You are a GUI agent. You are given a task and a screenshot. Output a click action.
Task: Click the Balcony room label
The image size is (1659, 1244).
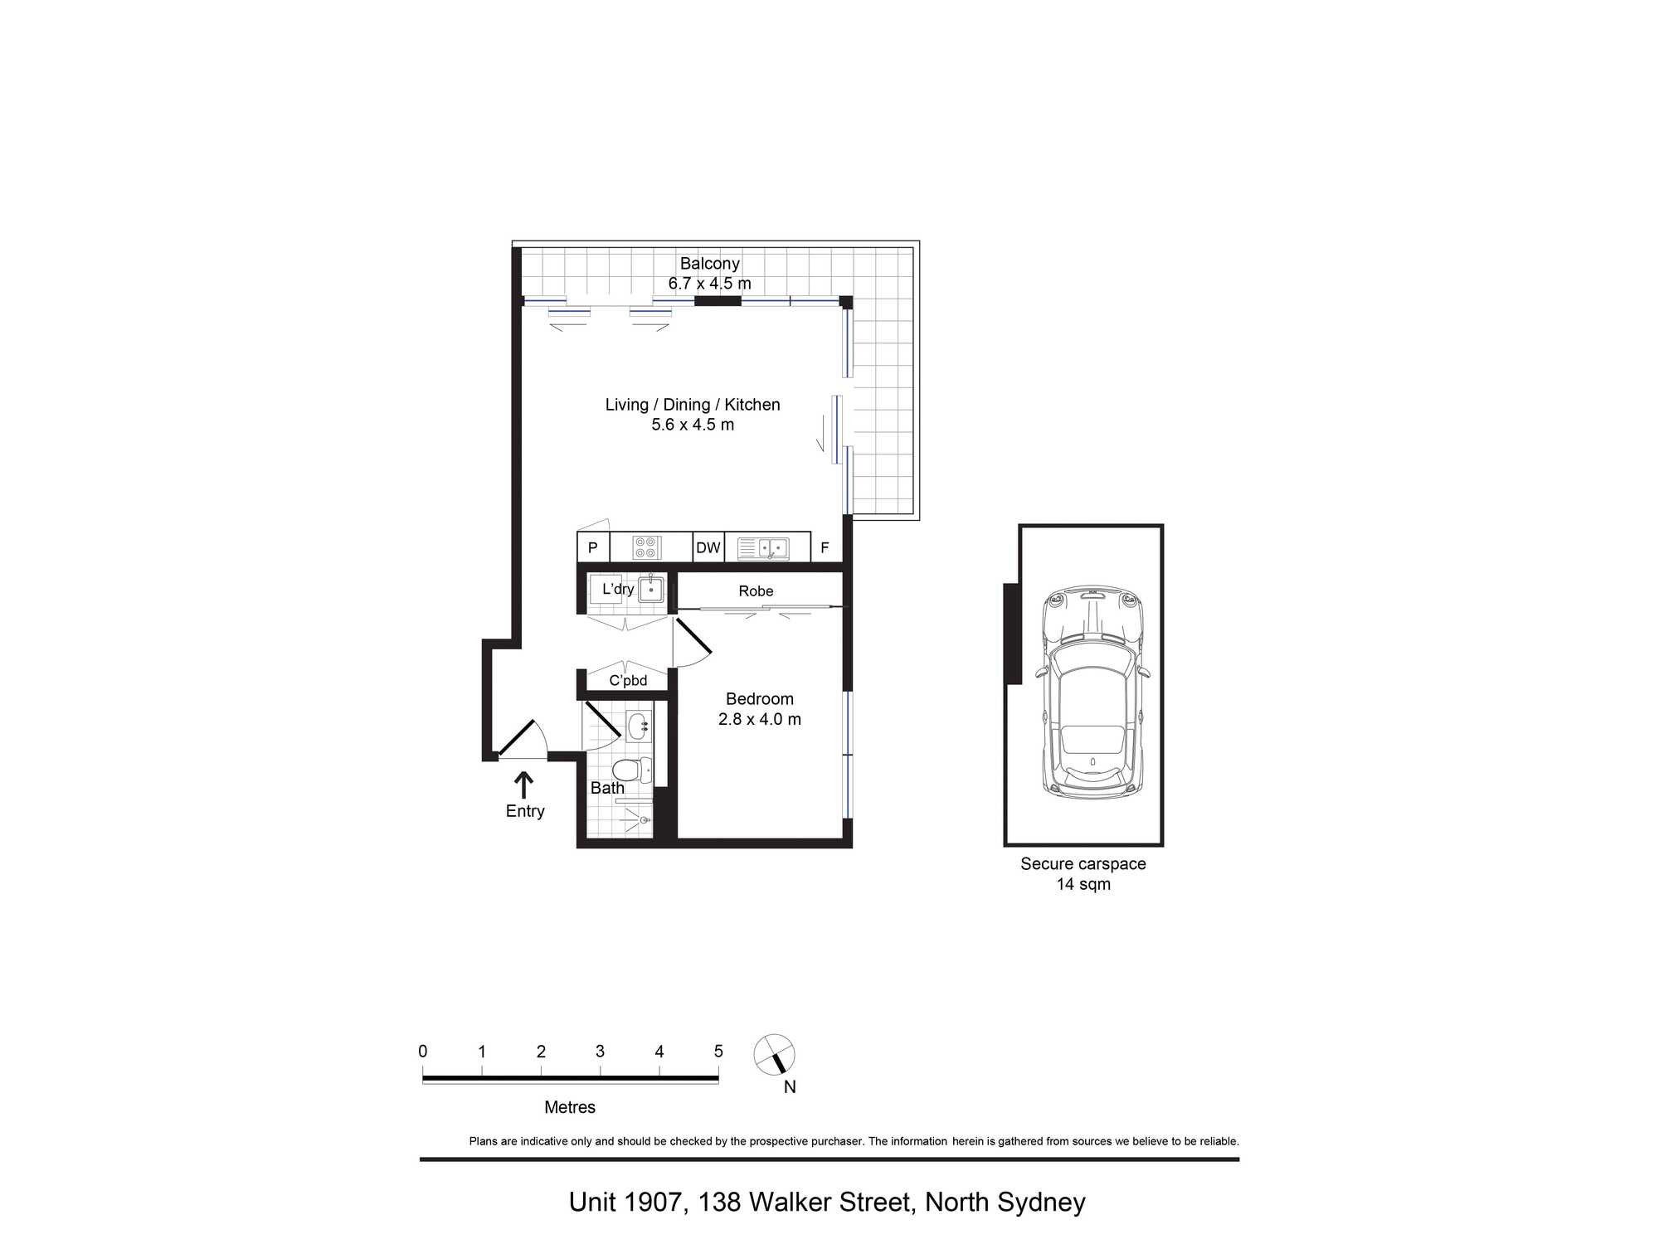[709, 264]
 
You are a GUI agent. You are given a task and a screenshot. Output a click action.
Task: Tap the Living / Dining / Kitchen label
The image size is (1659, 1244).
[693, 405]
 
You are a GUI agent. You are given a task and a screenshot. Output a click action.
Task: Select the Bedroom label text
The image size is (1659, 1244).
[760, 699]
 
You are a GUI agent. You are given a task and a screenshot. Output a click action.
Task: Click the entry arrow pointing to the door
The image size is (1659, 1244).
[523, 785]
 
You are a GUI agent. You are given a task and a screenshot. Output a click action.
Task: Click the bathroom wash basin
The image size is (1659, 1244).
[639, 727]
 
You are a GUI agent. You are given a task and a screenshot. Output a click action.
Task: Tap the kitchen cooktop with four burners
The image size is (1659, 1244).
[646, 548]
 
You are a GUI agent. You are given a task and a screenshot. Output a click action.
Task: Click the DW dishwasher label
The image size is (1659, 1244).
[708, 548]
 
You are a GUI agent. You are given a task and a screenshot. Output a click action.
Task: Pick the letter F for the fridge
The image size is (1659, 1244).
[825, 548]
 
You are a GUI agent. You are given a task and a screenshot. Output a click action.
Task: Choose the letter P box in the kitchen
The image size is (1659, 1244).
[593, 548]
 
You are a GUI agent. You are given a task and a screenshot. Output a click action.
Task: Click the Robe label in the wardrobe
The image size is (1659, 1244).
[756, 591]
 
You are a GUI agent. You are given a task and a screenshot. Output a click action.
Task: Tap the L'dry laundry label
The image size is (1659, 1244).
[618, 589]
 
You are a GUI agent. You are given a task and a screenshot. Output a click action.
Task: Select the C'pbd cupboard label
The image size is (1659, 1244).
[628, 681]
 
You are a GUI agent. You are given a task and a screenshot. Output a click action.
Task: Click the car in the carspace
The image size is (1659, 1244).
[1092, 692]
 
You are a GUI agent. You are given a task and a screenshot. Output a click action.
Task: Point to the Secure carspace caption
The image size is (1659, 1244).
[1083, 864]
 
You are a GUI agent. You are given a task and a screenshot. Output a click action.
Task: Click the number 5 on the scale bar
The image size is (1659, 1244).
[718, 1052]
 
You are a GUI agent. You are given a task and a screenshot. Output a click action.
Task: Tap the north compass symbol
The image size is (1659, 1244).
[775, 1056]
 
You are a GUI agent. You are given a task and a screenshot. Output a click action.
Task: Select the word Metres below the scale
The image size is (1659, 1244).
[570, 1107]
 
